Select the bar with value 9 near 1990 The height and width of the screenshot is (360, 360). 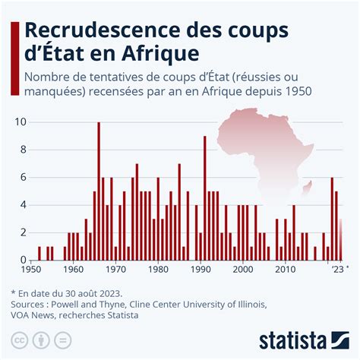pos(205,197)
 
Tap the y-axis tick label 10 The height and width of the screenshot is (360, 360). pos(21,122)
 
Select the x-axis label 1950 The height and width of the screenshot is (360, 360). pos(31,269)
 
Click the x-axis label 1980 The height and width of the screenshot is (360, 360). pos(158,269)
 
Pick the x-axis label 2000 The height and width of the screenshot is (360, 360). pos(242,269)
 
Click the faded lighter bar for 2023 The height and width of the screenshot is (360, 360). pos(341,239)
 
